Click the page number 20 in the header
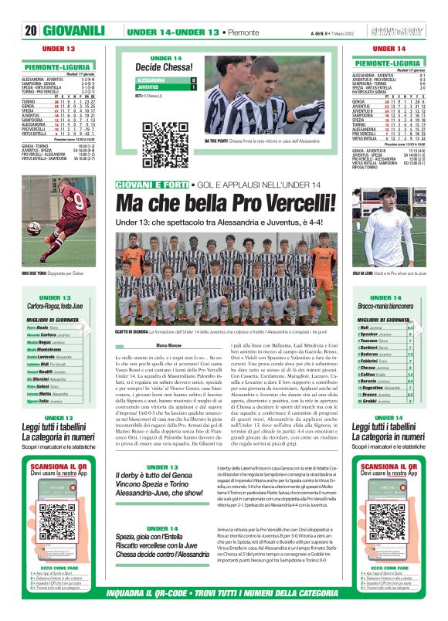point(31,31)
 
